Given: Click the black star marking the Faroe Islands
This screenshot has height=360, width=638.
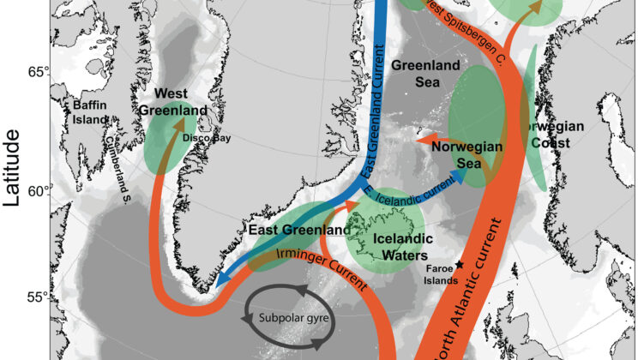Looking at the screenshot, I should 460,266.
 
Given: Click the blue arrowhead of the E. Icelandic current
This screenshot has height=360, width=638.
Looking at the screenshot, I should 463,175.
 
